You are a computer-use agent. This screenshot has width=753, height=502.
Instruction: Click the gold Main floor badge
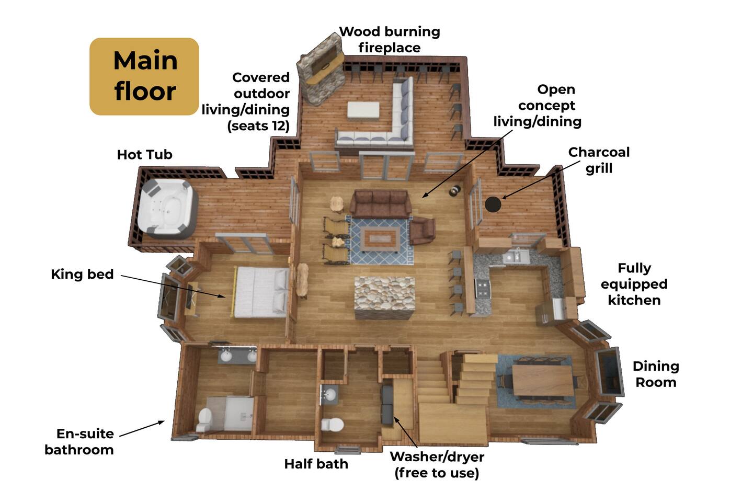pos(144,76)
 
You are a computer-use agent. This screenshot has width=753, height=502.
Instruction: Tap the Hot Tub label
pos(144,155)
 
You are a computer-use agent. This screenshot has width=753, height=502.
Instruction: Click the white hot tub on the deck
pos(167,209)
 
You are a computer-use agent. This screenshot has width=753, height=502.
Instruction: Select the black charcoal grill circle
pos(493,204)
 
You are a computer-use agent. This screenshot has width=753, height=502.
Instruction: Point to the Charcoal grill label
pos(599,160)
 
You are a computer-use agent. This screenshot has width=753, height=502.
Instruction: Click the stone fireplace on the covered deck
pos(321,69)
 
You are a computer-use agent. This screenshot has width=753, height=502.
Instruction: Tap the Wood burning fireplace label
pos(390,39)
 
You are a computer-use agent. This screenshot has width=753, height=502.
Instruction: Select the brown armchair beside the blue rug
pos(423,230)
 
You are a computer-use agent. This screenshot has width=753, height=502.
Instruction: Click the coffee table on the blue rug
pos(380,239)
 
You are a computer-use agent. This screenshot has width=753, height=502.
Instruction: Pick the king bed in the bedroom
pos(260,291)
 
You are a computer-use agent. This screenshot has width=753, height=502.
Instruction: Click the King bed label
pos(83,275)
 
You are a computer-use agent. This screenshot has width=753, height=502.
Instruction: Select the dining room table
pos(543,380)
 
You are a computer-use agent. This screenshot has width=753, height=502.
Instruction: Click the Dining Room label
pos(656,374)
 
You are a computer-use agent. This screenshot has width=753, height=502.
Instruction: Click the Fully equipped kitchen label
pos(634,284)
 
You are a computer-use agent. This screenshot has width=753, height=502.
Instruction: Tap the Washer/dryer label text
pos(437,465)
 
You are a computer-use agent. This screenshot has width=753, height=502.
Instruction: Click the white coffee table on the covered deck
pos(363,110)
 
